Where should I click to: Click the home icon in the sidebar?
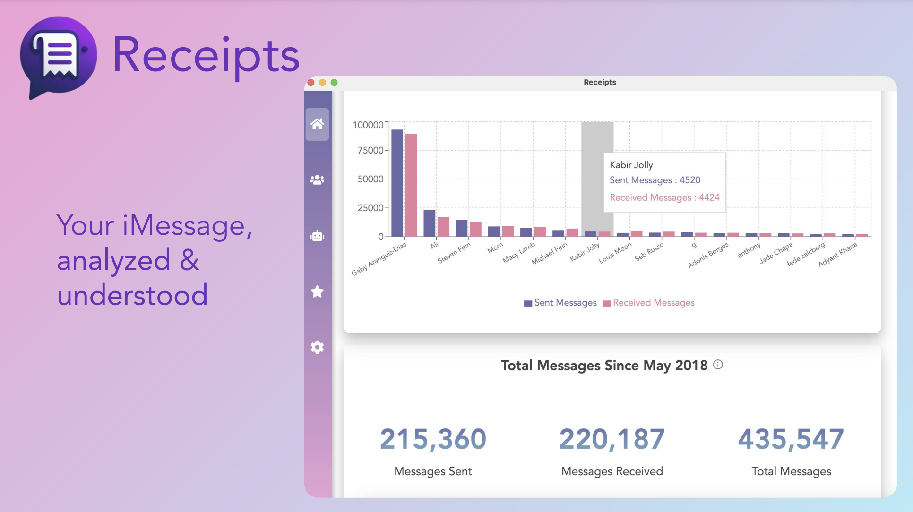(x=317, y=124)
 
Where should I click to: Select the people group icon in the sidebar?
(x=317, y=180)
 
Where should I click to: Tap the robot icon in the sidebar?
(x=317, y=236)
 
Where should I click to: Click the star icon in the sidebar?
(x=317, y=292)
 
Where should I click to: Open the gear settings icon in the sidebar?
(x=317, y=348)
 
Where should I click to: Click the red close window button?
(x=311, y=83)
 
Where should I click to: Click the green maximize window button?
(x=334, y=83)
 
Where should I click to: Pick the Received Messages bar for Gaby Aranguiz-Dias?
(x=411, y=185)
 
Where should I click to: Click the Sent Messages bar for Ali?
(x=429, y=223)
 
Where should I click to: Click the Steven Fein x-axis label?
(x=454, y=253)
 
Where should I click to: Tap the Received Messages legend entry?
(x=649, y=303)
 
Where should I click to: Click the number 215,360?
(x=433, y=439)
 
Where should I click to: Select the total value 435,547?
(x=791, y=439)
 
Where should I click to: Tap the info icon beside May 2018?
(x=718, y=365)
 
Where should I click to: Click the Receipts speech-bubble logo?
(x=58, y=57)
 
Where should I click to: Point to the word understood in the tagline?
(x=132, y=295)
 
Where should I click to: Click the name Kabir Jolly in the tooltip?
(x=631, y=165)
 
